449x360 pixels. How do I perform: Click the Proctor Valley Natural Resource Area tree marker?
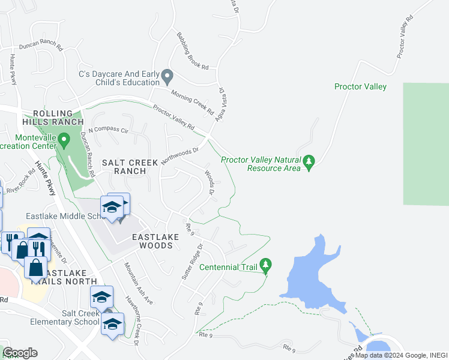click(309, 161)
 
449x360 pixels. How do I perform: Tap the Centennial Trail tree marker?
click(267, 264)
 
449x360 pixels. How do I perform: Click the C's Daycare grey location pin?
click(167, 76)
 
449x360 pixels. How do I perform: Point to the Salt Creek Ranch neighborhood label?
click(130, 166)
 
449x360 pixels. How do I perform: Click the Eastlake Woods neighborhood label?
click(155, 241)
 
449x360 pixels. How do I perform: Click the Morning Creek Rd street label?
click(192, 102)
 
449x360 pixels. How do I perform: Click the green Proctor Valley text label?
click(360, 86)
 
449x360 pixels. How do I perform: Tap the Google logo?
click(20, 353)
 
